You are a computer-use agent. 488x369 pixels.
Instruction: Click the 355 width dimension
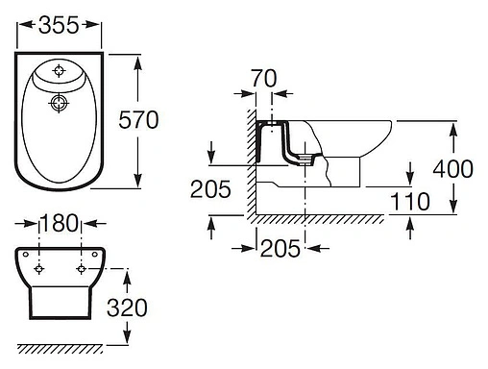click(x=59, y=25)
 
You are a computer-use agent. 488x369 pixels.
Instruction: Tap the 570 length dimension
click(x=138, y=120)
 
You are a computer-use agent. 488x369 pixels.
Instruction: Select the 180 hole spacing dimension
click(x=60, y=223)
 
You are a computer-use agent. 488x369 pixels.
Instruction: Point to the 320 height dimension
click(x=127, y=307)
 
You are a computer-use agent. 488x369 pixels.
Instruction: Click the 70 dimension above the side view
click(x=263, y=78)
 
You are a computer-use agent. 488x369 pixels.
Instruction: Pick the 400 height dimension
click(x=452, y=169)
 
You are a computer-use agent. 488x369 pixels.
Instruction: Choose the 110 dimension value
click(x=410, y=201)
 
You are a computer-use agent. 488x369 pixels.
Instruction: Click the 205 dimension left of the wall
click(x=210, y=189)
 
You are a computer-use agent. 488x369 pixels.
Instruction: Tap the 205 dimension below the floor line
click(x=281, y=248)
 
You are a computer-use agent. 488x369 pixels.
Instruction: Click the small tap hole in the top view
click(x=59, y=70)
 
